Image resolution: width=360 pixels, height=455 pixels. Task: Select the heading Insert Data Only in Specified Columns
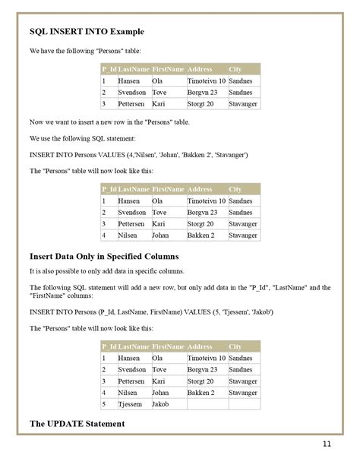tap(103, 255)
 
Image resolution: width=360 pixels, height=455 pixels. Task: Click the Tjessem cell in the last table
tap(131, 404)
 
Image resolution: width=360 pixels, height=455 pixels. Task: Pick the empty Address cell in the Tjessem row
tap(205, 404)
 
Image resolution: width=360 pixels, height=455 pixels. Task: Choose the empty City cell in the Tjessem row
tap(243, 404)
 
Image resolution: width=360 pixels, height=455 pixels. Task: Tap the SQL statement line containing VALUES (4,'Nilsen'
tap(138, 154)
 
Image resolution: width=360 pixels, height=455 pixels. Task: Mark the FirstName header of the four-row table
tap(168, 189)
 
